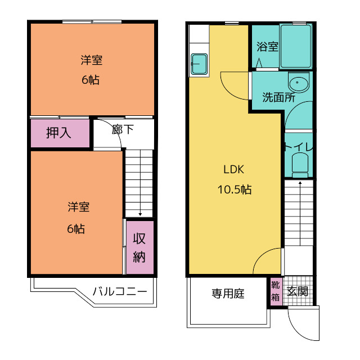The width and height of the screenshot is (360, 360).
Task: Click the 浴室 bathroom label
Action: pyautogui.click(x=267, y=47)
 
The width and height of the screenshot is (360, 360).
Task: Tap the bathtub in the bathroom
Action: pyautogui.click(x=296, y=46)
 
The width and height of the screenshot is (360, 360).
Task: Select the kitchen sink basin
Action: pyautogui.click(x=199, y=64)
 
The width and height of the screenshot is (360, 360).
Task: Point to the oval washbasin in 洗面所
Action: pyautogui.click(x=299, y=83)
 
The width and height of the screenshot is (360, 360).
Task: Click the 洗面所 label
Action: pyautogui.click(x=279, y=97)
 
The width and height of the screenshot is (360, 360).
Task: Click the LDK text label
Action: pyautogui.click(x=234, y=169)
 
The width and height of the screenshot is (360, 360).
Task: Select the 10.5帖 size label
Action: pyautogui.click(x=235, y=190)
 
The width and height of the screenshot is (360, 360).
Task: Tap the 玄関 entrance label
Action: pyautogui.click(x=298, y=291)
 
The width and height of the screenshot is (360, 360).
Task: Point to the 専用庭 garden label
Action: pyautogui.click(x=228, y=294)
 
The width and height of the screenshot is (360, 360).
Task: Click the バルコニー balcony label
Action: pyautogui.click(x=120, y=291)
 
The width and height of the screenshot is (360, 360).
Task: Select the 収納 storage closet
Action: pyautogui.click(x=140, y=247)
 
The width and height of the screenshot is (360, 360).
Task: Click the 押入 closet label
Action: pyautogui.click(x=58, y=133)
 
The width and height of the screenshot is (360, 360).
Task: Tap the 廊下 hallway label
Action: pyautogui.click(x=123, y=129)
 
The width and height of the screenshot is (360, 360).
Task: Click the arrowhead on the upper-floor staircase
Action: pyautogui.click(x=140, y=214)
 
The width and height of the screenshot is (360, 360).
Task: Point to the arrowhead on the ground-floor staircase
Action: pyautogui.click(x=300, y=183)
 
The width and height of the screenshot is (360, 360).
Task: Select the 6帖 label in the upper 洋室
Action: pyautogui.click(x=91, y=80)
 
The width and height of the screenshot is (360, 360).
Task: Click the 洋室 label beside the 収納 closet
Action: pyautogui.click(x=79, y=207)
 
